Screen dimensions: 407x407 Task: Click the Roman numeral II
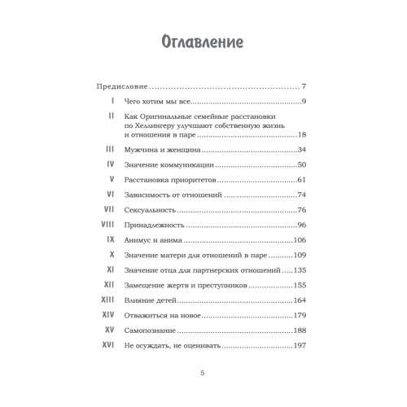[109, 116]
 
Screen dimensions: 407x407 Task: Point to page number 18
[300, 135]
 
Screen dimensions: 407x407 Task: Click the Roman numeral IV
[109, 165]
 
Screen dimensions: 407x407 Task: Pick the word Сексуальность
[151, 210]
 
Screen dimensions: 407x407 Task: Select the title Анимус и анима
[152, 241]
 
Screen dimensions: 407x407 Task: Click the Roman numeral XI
[109, 270]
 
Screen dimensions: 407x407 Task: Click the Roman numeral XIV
[107, 315]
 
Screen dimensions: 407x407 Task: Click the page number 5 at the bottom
[203, 373]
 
